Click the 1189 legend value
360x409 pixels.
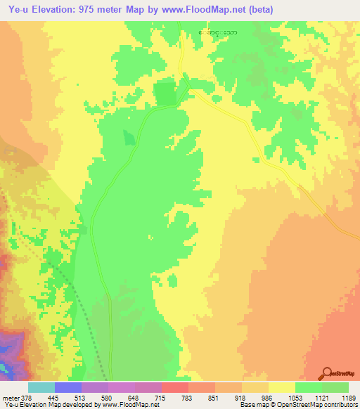pos(347,398)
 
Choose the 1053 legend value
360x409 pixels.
pos(293,398)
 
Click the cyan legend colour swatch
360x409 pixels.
pos(41,387)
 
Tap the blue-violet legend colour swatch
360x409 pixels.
pos(67,387)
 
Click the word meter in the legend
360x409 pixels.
pos(8,398)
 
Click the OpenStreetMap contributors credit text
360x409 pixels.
pos(315,405)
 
